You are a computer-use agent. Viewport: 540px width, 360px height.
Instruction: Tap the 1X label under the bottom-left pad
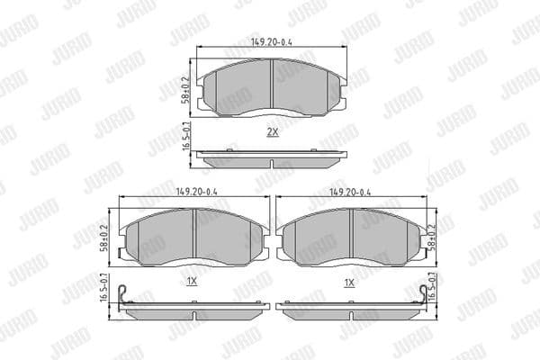tap(192, 282)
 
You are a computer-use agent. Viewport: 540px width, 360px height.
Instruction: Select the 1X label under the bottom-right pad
tap(350, 282)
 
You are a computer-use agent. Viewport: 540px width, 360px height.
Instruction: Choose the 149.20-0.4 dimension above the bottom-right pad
tap(350, 192)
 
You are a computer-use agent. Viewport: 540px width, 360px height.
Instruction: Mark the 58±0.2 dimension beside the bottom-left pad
tap(108, 237)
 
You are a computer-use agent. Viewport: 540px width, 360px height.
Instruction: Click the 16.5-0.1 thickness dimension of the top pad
tap(186, 144)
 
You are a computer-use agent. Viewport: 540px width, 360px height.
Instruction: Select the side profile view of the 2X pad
tap(271, 157)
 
